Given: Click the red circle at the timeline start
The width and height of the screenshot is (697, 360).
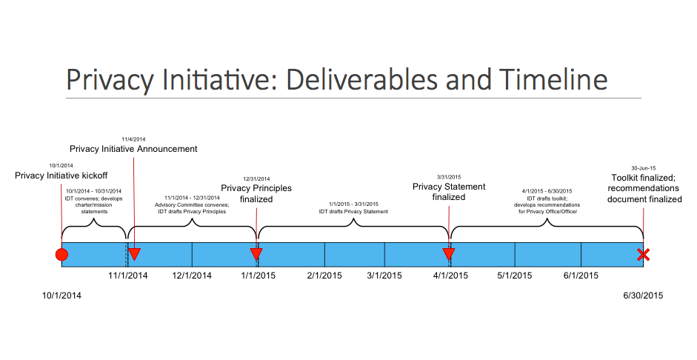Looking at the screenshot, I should coord(61,256).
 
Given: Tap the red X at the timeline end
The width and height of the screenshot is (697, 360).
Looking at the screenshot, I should coord(643,256).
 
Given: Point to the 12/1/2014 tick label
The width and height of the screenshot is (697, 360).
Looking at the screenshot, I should coord(192,276).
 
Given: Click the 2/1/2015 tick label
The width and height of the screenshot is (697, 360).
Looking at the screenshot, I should coord(324,276).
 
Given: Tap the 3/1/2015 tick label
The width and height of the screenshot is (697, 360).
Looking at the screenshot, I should coord(384,276).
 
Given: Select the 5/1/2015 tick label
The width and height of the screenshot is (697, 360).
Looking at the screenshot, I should coord(515,276).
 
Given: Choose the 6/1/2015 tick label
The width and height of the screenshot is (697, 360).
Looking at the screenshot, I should coord(581,276).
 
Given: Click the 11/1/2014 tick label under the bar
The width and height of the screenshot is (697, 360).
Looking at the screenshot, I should coord(128,276).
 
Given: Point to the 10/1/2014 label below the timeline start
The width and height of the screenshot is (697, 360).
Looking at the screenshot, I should coord(61,295).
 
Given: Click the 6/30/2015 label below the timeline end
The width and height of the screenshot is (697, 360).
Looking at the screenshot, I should coord(643,295).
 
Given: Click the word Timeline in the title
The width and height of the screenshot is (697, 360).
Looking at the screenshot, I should coord(553,79).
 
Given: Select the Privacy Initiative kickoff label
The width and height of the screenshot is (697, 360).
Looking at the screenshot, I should coord(61,176).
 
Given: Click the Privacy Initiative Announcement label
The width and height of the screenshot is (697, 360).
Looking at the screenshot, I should coord(133,149).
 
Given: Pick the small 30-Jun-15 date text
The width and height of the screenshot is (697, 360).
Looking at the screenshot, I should coord(643,167).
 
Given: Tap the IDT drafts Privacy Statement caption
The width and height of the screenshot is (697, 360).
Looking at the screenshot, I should coord(353,212).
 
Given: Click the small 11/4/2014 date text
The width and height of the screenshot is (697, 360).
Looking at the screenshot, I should coord(134,139).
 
